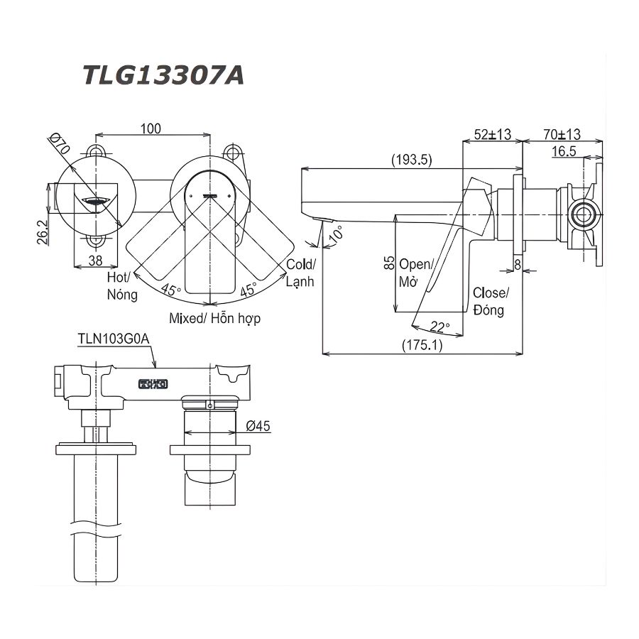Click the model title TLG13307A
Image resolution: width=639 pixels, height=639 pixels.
point(164,75)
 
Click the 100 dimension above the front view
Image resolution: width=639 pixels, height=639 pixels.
point(151,129)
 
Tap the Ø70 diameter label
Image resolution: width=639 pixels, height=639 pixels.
point(60,144)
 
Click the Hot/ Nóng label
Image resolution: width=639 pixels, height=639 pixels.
point(121,285)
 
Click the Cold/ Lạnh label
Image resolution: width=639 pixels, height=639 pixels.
point(300,273)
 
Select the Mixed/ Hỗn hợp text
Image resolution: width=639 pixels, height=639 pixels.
point(214,319)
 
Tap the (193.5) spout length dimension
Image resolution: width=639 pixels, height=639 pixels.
point(411,160)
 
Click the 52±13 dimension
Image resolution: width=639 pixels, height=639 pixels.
point(493,134)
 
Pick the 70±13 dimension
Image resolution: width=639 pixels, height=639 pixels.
point(562,134)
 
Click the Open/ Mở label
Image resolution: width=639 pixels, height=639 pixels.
point(413,273)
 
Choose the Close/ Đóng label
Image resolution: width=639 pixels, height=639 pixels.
point(490,302)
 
